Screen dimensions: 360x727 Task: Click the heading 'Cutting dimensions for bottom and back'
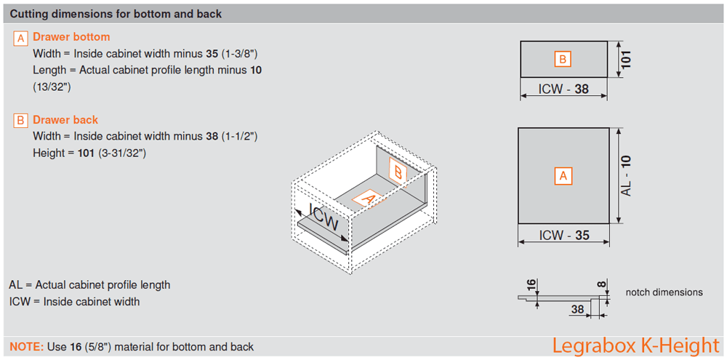point(116,14)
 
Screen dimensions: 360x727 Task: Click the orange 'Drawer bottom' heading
point(71,36)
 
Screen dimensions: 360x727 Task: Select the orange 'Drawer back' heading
point(65,120)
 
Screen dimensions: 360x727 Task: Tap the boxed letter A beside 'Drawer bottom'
point(21,38)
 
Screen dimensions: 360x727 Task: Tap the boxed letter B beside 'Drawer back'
point(21,121)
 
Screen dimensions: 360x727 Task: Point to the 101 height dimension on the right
point(626,59)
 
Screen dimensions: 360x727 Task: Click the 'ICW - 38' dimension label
point(563,90)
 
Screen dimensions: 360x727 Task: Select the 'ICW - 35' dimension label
point(563,235)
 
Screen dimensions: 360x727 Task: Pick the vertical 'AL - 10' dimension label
point(627,175)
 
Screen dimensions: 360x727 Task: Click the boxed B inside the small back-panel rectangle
point(563,59)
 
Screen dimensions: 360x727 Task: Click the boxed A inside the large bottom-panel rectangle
point(563,175)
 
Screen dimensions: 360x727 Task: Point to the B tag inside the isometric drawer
point(398,171)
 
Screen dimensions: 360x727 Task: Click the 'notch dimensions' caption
point(664,292)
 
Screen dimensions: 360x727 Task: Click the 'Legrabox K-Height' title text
point(635,345)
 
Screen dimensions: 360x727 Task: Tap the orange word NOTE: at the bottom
point(27,347)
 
